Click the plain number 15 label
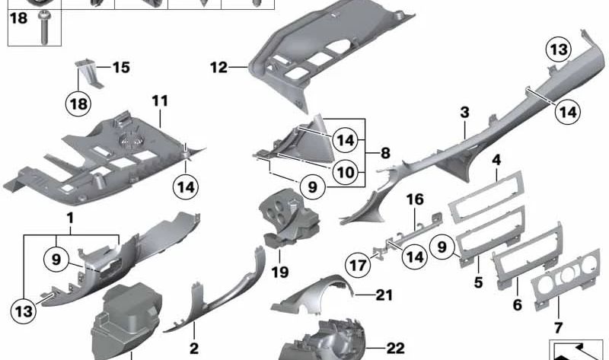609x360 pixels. click(x=121, y=67)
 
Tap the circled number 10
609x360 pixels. click(x=346, y=172)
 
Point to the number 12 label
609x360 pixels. click(x=218, y=68)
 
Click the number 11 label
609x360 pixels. click(x=160, y=100)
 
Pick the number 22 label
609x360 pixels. click(x=395, y=348)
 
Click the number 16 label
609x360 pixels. click(x=414, y=200)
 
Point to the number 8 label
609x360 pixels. click(x=385, y=153)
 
